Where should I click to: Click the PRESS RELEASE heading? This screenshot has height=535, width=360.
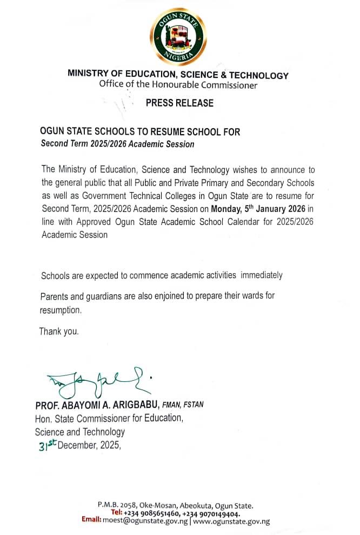(179, 103)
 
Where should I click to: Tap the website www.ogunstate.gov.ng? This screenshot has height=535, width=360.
(231, 521)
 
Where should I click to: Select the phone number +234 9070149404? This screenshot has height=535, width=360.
(211, 513)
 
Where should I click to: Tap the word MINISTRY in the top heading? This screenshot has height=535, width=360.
(88, 75)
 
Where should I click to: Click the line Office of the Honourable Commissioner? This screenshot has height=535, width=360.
(178, 84)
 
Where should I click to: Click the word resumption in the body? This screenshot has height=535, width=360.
(60, 310)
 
